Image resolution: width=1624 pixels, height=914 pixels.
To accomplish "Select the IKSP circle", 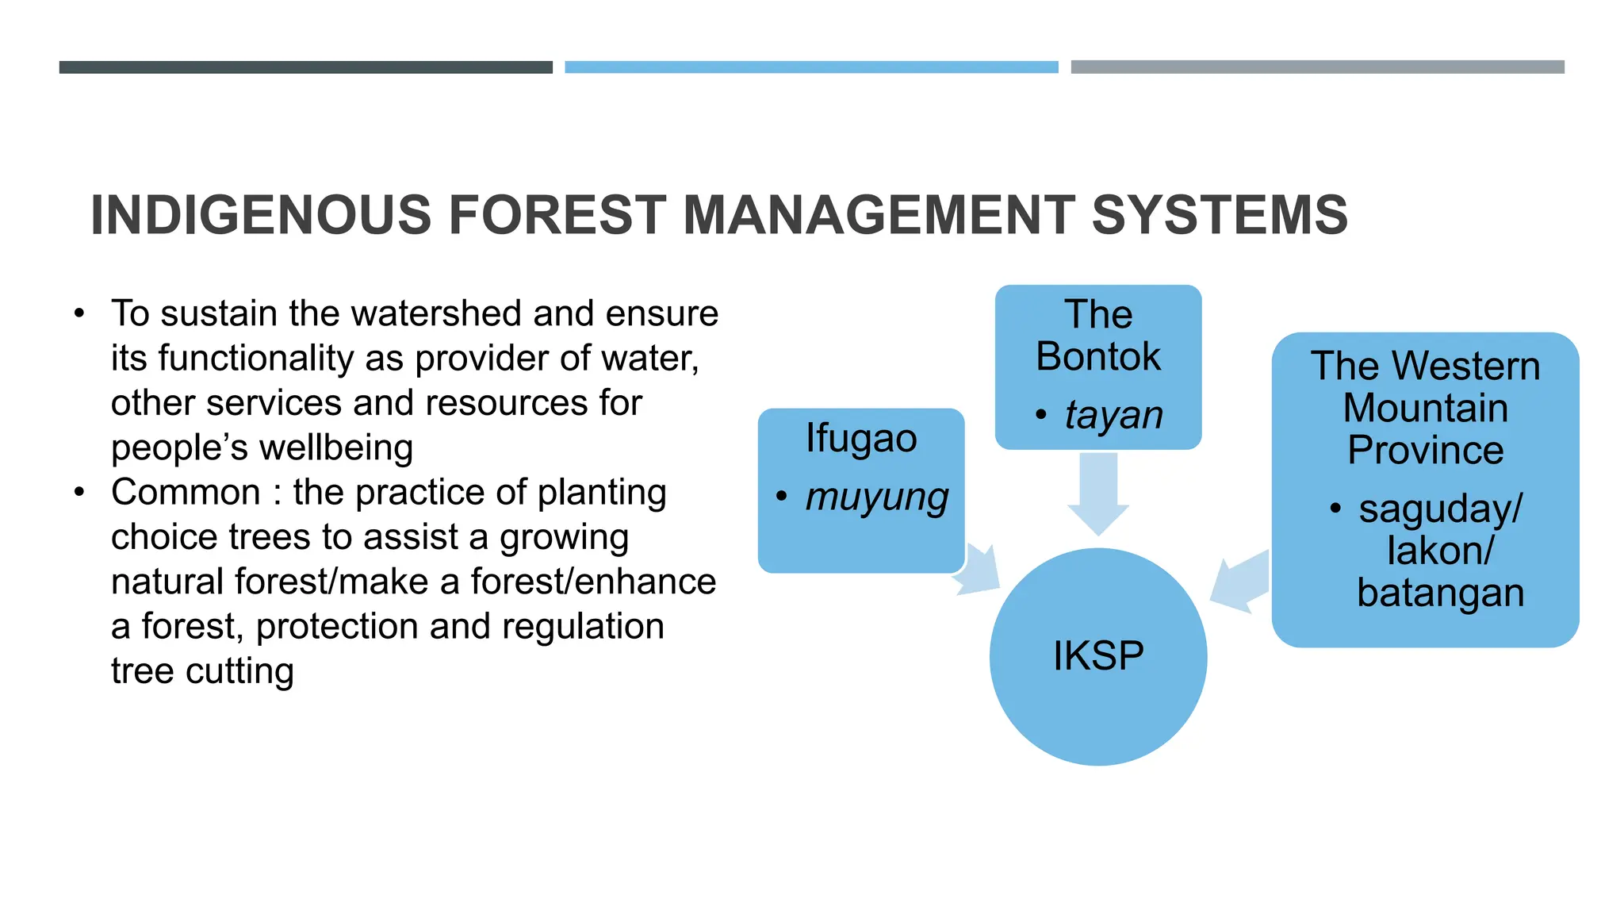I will click(x=1098, y=657).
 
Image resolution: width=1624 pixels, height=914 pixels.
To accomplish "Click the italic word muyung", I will click(x=877, y=498).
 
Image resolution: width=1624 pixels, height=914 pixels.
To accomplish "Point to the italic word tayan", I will click(x=1113, y=415).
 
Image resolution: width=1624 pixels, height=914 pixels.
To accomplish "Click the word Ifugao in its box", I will click(x=861, y=439).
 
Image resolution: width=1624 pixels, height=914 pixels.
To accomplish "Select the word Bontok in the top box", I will click(x=1098, y=356).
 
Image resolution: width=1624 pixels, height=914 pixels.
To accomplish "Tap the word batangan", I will click(x=1440, y=593).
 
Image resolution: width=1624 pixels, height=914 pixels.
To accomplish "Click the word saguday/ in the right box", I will click(x=1440, y=509).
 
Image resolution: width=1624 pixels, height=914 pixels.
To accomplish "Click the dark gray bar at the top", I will click(x=305, y=67).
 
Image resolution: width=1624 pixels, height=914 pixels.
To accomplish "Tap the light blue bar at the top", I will click(x=811, y=67).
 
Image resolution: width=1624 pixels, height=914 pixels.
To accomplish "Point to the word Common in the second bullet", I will click(x=186, y=493).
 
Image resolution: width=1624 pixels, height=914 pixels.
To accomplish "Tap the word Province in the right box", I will click(x=1425, y=451).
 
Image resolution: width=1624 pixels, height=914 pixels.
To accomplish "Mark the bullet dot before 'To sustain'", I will click(x=79, y=314).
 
